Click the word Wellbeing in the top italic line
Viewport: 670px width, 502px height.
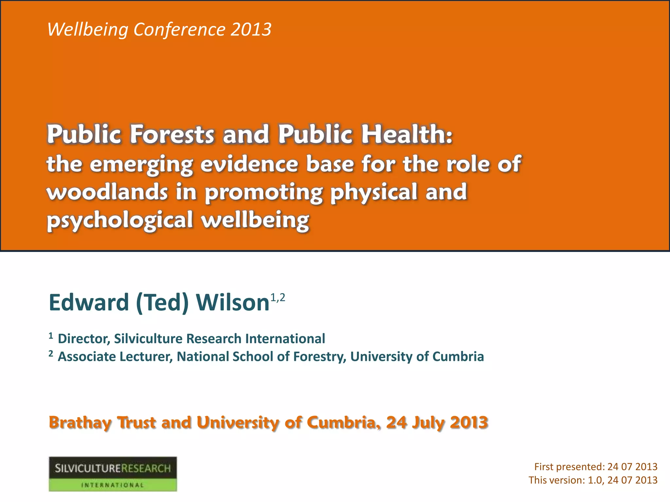coord(88,30)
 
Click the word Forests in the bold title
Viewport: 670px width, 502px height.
coord(172,134)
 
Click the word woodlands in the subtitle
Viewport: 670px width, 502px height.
coord(107,192)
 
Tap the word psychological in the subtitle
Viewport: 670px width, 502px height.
coord(120,220)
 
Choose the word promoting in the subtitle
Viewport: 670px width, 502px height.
coord(264,192)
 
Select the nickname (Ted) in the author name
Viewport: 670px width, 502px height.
coord(162,302)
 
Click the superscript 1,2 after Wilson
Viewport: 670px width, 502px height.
coord(278,298)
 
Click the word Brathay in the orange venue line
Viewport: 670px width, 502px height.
coord(80,423)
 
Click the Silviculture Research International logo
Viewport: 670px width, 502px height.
coord(113,474)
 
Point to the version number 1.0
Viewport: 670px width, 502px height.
coord(595,480)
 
